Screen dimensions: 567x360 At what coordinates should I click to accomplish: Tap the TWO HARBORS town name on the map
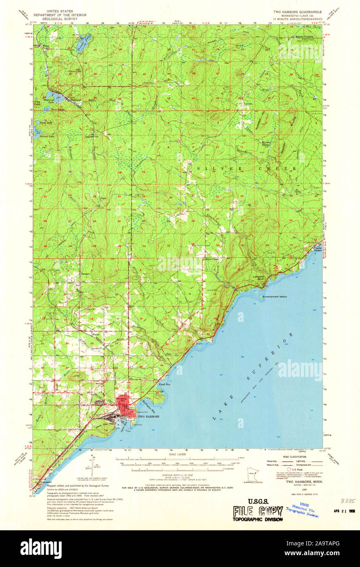click(x=147, y=417)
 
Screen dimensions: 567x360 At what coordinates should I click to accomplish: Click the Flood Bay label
click(x=164, y=384)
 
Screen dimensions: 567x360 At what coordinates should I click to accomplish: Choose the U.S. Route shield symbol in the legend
click(x=289, y=470)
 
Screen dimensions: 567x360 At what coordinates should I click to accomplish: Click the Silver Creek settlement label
click(x=212, y=259)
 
